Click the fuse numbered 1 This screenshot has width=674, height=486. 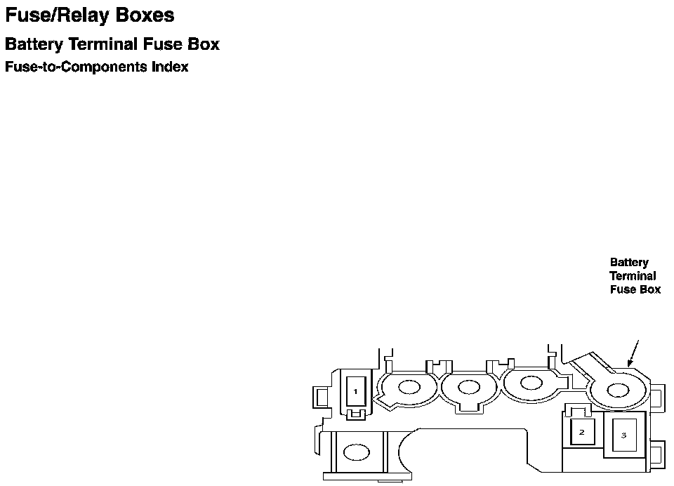(355, 390)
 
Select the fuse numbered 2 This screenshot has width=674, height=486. (581, 433)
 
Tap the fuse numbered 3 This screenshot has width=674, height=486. (623, 435)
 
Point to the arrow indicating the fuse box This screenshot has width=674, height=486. (633, 353)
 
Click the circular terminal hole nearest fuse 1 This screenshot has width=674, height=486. (409, 386)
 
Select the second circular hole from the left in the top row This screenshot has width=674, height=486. (468, 386)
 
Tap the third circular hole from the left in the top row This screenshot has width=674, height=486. (530, 383)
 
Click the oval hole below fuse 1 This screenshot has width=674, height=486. (357, 452)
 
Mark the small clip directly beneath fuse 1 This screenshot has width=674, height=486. (356, 413)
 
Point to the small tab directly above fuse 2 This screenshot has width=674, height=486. (576, 412)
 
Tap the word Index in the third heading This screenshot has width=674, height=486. (170, 67)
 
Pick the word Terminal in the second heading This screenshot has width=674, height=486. (105, 44)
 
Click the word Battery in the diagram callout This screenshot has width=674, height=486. (629, 263)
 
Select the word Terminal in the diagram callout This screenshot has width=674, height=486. (633, 276)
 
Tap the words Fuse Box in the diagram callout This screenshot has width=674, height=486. (635, 289)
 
